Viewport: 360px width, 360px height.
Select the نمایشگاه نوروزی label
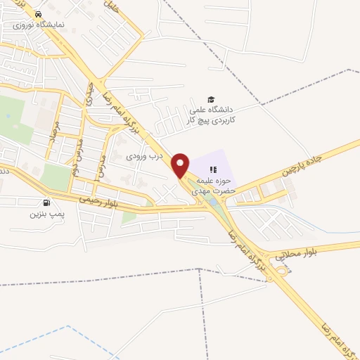(x=41, y=24)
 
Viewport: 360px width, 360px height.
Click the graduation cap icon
(x=210, y=98)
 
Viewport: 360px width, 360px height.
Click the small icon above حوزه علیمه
(x=214, y=169)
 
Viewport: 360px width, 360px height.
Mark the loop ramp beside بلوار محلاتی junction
(x=282, y=269)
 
